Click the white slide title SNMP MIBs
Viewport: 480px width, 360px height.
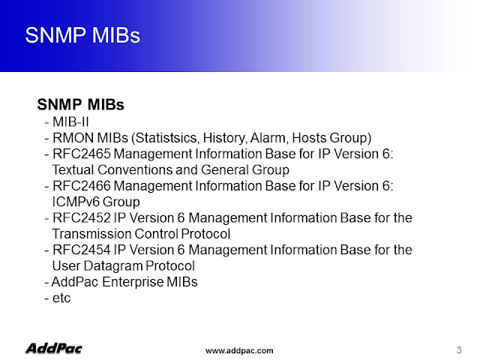point(82,35)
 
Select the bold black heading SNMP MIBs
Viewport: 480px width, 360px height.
point(81,105)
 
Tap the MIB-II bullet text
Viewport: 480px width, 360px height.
point(70,122)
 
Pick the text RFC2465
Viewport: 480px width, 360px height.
point(82,154)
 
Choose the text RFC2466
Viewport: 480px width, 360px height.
point(82,186)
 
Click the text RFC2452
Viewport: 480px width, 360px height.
point(82,218)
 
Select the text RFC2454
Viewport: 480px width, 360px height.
point(82,250)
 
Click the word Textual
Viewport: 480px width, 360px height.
point(73,170)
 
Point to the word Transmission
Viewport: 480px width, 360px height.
point(91,234)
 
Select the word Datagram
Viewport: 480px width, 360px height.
point(113,266)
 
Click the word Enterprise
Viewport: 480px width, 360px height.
point(133,282)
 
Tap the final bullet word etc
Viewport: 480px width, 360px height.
point(61,298)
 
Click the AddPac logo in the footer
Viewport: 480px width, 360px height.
point(54,349)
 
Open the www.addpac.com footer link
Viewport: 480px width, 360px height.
point(239,350)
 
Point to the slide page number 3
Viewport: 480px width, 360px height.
point(459,350)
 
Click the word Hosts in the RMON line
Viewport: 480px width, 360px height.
point(309,138)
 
